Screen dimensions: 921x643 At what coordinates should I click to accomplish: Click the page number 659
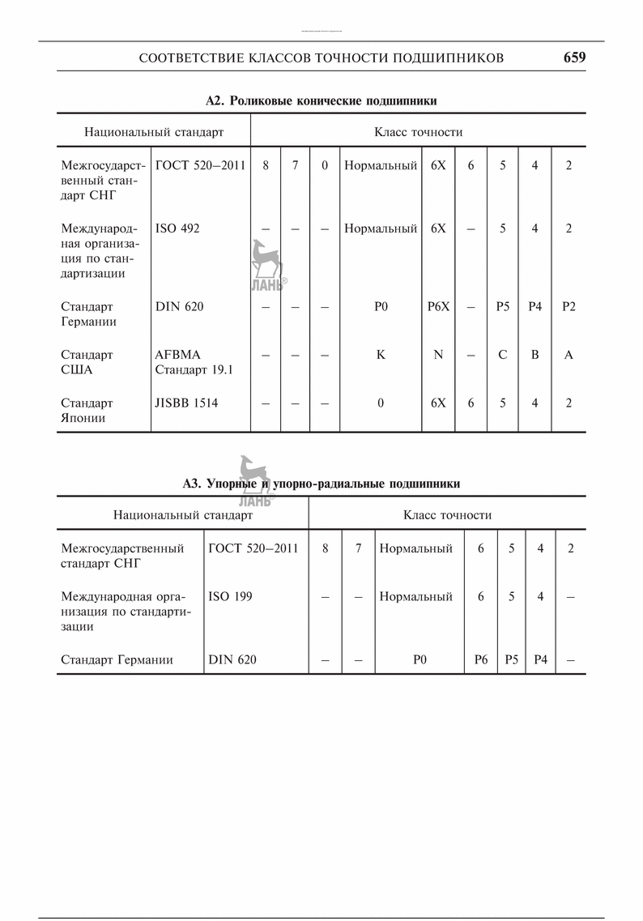[574, 58]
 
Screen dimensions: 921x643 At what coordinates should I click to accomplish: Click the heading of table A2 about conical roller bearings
[321, 101]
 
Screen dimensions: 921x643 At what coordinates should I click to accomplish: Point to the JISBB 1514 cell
[186, 403]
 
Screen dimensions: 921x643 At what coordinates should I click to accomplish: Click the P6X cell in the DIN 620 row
[438, 307]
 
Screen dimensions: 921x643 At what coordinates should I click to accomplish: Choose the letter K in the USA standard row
[381, 355]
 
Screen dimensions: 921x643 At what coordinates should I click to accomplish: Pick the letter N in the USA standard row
[438, 355]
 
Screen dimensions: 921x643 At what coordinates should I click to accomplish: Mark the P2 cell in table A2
[568, 307]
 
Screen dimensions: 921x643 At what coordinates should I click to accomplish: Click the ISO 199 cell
[230, 596]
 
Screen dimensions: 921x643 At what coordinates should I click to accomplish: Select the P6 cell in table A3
[481, 659]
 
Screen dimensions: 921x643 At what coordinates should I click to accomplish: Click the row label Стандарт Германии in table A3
[117, 659]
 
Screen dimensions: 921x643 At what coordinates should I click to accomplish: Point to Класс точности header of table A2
[418, 131]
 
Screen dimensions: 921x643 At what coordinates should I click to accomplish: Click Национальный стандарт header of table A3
[183, 514]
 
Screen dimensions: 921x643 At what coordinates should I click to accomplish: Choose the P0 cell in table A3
[419, 659]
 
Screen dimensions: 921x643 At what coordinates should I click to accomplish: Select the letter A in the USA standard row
[568, 355]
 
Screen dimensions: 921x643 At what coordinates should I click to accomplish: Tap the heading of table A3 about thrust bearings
[321, 484]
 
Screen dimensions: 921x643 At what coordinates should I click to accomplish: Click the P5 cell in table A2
[503, 307]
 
